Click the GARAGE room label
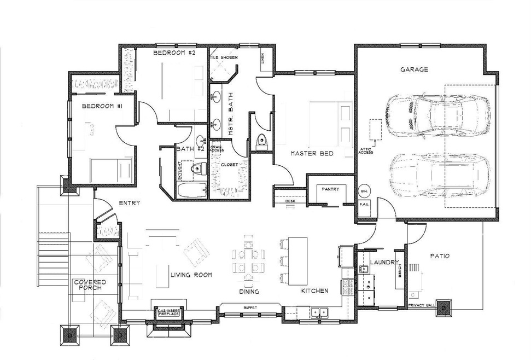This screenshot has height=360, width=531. tap(414, 69)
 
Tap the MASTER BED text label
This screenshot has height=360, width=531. tap(312, 154)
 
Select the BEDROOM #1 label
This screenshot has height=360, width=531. tap(101, 106)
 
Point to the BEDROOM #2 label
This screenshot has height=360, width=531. tap(174, 53)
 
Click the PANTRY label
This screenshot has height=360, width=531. tap(330, 189)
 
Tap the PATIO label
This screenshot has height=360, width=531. tap(439, 255)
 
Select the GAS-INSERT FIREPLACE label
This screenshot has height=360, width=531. tap(169, 311)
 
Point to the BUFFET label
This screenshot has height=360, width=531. tap(249, 308)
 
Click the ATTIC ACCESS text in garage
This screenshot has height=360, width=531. tap(366, 150)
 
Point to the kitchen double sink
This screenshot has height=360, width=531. tap(319, 313)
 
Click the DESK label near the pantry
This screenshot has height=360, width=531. tap(290, 201)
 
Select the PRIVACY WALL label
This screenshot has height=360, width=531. tap(422, 305)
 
